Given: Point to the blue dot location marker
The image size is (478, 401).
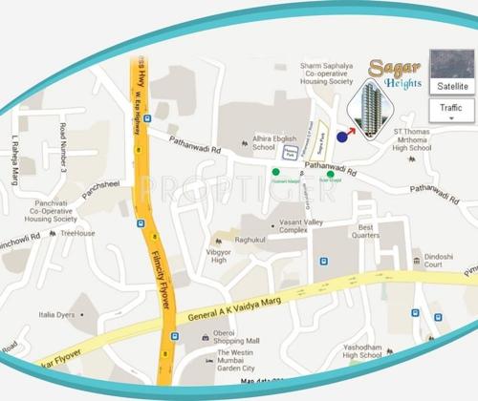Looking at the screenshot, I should [341, 137].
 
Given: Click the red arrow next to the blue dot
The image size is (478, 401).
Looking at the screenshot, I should [351, 130].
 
